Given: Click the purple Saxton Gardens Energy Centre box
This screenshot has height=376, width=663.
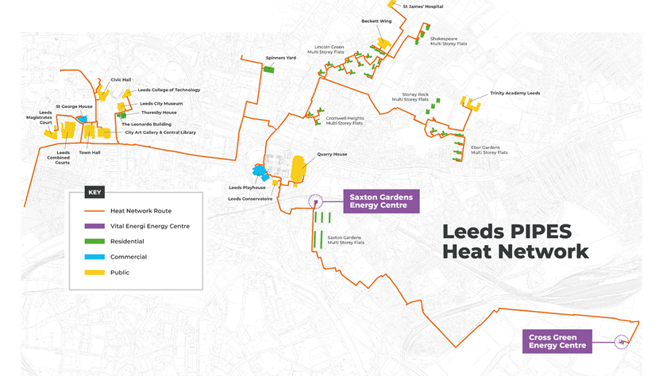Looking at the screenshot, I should (380, 201).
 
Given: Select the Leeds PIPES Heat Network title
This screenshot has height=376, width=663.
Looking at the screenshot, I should (515, 241).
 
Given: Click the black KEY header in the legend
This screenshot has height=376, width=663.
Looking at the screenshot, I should (94, 192).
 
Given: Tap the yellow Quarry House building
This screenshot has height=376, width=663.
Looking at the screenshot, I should (299, 170).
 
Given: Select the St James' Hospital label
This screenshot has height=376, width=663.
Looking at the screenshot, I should (422, 6).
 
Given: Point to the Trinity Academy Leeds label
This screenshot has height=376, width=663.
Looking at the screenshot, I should (515, 93).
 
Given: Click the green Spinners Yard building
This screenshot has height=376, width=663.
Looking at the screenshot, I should (268, 70).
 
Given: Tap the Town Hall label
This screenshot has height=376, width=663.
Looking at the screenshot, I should (90, 152).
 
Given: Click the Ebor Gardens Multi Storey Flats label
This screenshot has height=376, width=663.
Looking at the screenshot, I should (489, 150).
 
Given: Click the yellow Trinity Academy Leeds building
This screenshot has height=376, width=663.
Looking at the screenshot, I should (472, 102).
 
